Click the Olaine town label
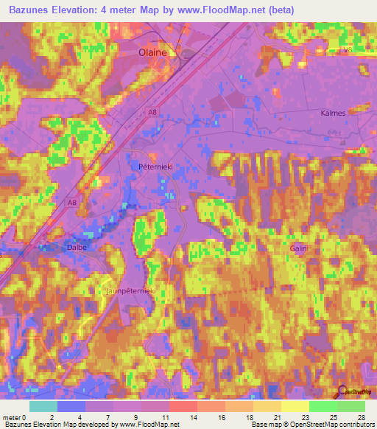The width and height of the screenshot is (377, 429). tap(154, 53)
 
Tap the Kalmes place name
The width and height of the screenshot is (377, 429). tap(333, 114)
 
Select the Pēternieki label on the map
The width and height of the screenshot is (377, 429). tap(154, 167)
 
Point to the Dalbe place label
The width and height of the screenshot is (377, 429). tap(77, 247)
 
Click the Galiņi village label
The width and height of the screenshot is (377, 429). tap(297, 249)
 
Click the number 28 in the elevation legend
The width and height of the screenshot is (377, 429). tap(360, 417)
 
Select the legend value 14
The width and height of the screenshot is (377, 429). tap(192, 417)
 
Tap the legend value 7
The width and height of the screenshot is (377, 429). tap(108, 417)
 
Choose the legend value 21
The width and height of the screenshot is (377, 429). tap(276, 417)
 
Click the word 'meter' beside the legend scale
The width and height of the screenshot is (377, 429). tap(13, 417)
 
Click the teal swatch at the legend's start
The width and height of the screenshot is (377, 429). tap(43, 406)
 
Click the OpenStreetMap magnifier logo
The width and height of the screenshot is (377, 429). tap(342, 392)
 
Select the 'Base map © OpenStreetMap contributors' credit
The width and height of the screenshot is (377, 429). tap(312, 425)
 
